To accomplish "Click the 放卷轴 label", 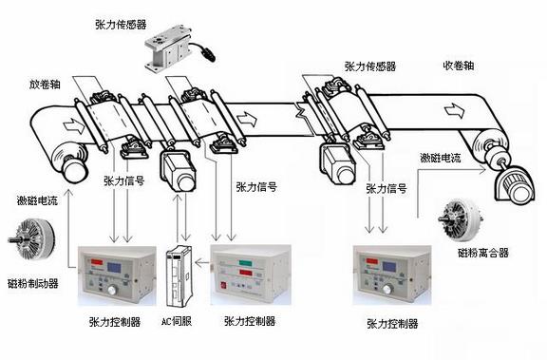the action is point(45,85).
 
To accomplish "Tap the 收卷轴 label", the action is point(459,66).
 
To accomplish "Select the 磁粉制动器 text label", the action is point(33,283).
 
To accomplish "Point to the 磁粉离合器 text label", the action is point(483,253).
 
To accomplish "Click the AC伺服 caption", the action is point(177,321).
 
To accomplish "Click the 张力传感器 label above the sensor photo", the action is point(121,25).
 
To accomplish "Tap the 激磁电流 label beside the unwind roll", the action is point(37,200).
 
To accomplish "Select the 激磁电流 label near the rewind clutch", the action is point(441,158).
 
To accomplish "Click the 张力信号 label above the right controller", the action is point(387,189).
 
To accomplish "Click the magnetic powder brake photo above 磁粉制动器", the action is point(32,240).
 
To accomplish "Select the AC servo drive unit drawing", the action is point(179,276).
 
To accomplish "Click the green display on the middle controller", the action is point(247,263).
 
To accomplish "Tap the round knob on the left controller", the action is point(113,290).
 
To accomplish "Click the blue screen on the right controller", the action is point(389,267).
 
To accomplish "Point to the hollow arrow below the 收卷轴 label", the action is point(455,110).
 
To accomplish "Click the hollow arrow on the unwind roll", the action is point(74,125).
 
